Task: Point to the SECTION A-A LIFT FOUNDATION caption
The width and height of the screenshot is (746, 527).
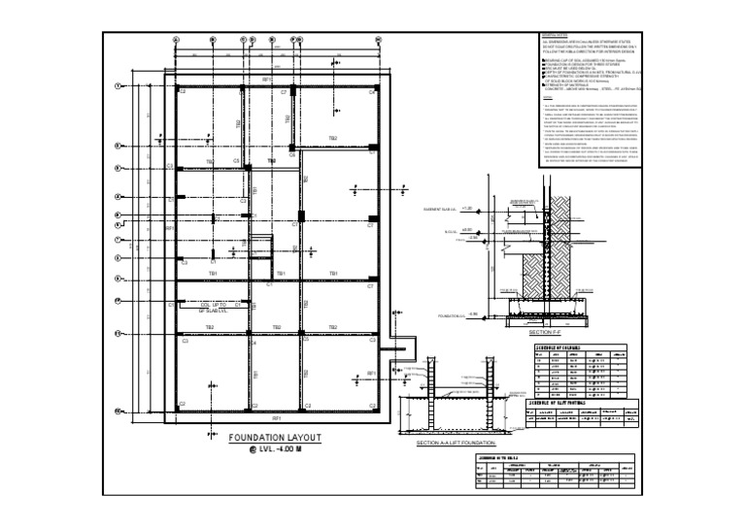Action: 456,444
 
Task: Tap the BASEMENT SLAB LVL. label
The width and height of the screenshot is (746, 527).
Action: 441,210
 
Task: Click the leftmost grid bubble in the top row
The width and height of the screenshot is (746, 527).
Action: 175,40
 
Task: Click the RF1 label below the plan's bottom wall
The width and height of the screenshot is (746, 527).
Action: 276,418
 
